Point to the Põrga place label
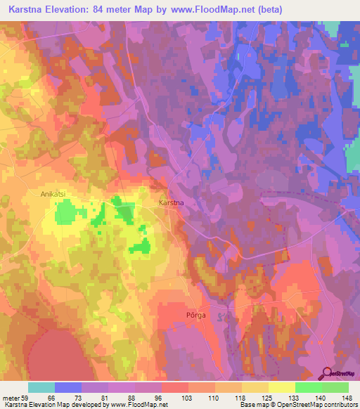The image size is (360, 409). tap(195, 316)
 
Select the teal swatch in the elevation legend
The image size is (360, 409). tap(41, 387)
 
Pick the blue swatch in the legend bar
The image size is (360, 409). tap(68, 387)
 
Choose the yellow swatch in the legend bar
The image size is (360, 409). tap(281, 387)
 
